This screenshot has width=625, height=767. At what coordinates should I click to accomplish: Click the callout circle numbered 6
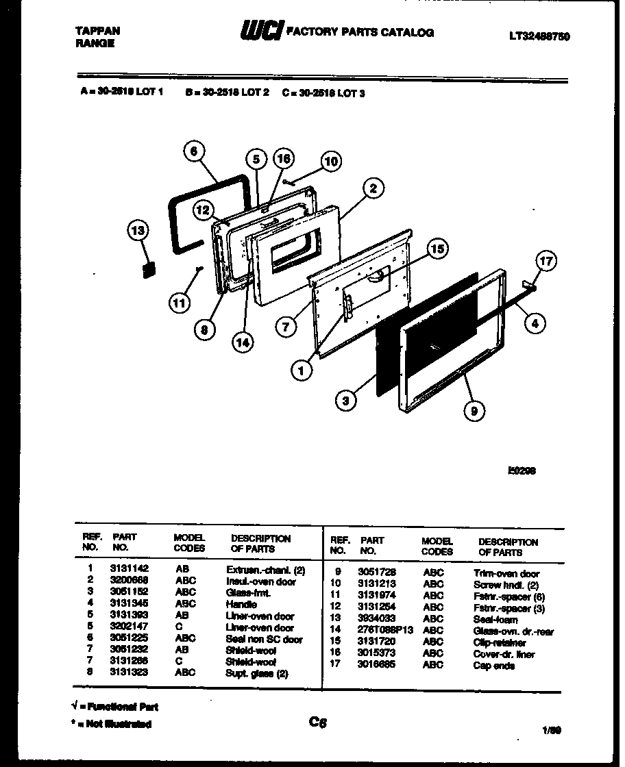(195, 152)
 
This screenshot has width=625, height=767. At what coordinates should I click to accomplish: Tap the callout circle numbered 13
(139, 231)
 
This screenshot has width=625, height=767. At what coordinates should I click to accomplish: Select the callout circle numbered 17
(546, 261)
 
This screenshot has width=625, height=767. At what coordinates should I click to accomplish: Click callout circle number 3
(347, 401)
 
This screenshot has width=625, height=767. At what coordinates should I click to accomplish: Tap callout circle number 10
(331, 162)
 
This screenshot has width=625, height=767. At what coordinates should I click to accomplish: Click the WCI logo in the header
(260, 32)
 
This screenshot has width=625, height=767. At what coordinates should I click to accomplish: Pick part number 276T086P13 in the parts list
(385, 630)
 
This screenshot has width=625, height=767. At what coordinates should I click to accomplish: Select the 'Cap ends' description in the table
(493, 665)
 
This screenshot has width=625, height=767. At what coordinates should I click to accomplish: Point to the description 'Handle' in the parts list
(241, 604)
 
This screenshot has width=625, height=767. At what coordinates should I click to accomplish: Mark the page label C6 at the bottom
(318, 721)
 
